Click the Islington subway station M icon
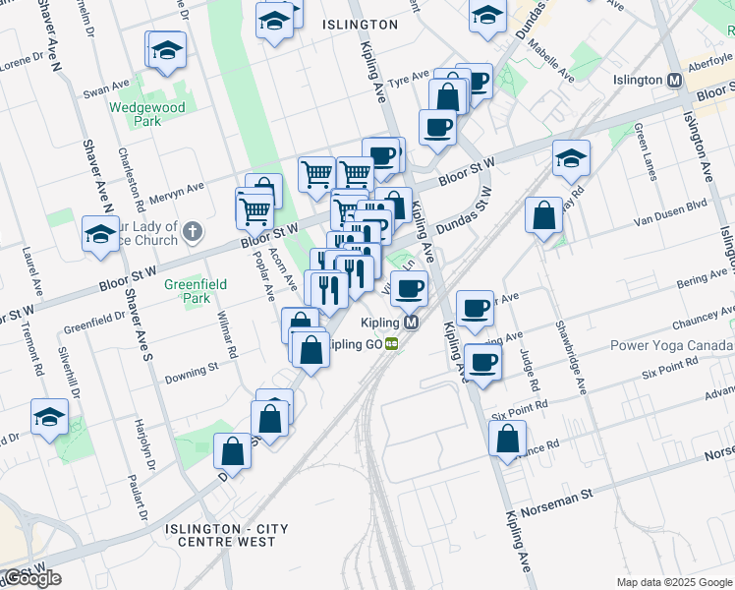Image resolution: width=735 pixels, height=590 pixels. pyautogui.click(x=674, y=81)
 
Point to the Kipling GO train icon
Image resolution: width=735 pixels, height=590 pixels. pyautogui.click(x=391, y=344)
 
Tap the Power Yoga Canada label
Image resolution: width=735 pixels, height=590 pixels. pyautogui.click(x=671, y=345)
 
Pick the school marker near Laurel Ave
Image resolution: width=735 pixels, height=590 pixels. pyautogui.click(x=49, y=417)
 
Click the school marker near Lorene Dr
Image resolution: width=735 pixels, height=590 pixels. pyautogui.click(x=166, y=49)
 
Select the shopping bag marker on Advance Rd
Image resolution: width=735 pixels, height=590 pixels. pyautogui.click(x=507, y=440)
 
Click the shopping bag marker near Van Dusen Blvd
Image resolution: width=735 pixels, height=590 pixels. pyautogui.click(x=543, y=215)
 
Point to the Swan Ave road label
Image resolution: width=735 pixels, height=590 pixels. pyautogui.click(x=106, y=89)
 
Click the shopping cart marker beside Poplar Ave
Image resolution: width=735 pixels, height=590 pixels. pyautogui.click(x=254, y=207)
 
